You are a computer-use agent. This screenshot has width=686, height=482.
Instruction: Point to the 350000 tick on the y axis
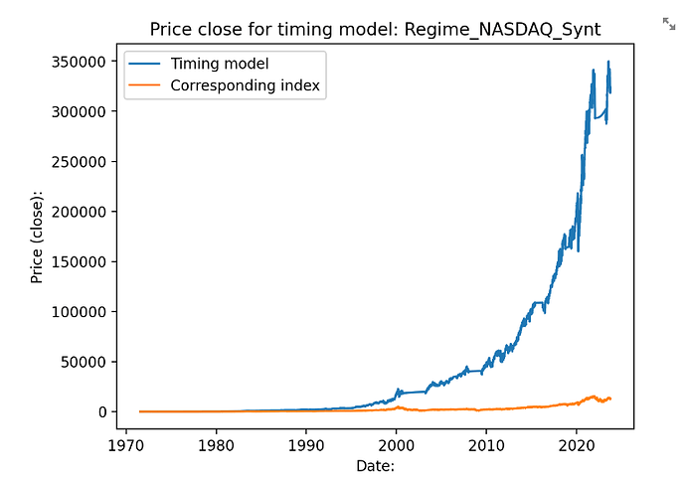[80, 62]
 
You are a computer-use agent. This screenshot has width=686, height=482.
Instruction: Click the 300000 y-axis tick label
[80, 111]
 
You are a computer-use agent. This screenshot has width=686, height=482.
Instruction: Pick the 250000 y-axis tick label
[80, 162]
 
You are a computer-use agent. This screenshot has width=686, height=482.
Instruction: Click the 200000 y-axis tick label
[80, 212]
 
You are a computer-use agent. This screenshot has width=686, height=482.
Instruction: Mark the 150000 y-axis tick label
[80, 262]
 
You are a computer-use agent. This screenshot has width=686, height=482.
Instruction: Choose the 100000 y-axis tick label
[80, 312]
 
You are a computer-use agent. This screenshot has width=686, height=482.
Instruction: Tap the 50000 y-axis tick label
[84, 362]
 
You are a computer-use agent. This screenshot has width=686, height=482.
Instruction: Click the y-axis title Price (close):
[37, 237]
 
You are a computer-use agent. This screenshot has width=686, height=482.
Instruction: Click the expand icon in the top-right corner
[669, 23]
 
